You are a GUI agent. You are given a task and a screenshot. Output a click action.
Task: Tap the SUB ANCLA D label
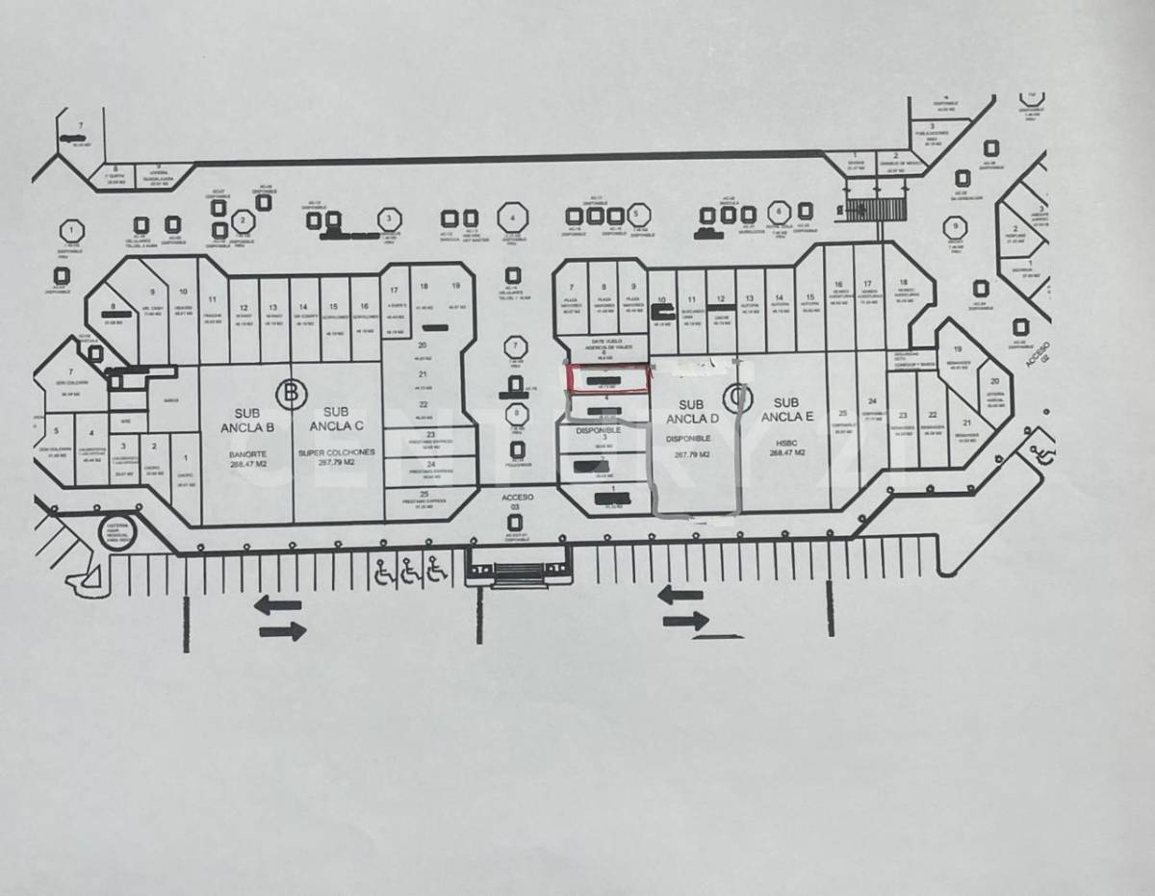[699, 412]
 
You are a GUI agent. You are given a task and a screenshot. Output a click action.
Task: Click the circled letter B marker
[289, 392]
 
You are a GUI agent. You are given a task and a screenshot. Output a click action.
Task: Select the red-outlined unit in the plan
[606, 379]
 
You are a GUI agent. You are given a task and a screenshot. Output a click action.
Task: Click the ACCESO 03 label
[517, 501]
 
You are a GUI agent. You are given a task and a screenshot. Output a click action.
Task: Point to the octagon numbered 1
[70, 231]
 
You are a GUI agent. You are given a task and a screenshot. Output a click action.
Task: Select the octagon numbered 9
[954, 229]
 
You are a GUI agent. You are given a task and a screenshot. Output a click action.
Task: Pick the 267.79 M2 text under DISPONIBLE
[691, 454]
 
